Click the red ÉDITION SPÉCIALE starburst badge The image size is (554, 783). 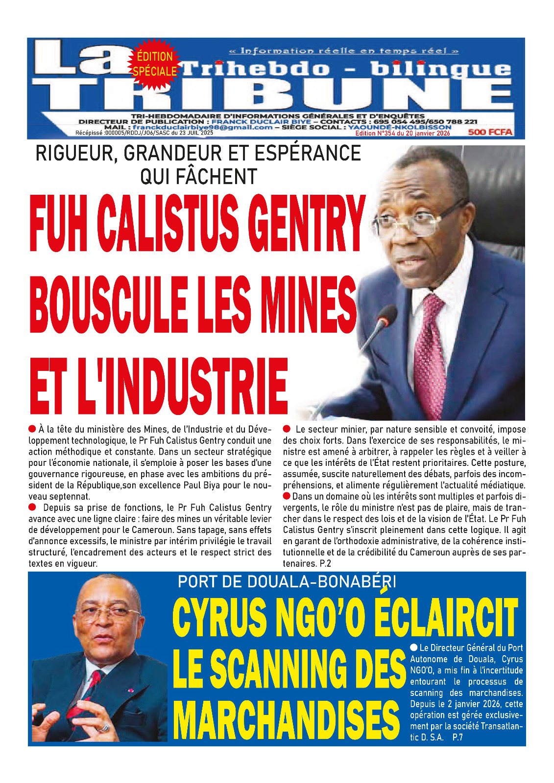pyautogui.click(x=154, y=64)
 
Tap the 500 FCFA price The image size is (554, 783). pyautogui.click(x=490, y=132)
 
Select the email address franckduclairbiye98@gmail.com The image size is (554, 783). pyautogui.click(x=202, y=127)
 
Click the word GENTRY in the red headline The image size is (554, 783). pyautogui.click(x=305, y=224)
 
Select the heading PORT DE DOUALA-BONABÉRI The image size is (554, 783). pyautogui.click(x=287, y=582)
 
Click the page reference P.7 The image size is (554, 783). pyautogui.click(x=458, y=737)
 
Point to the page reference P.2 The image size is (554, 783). pyautogui.click(x=325, y=564)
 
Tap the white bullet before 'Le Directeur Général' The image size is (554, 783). pyautogui.click(x=414, y=647)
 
